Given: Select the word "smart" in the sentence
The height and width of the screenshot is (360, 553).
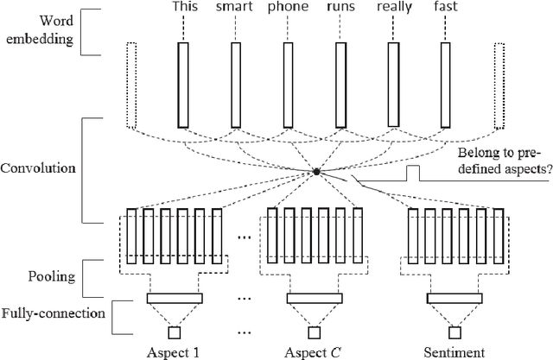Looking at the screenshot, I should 236,9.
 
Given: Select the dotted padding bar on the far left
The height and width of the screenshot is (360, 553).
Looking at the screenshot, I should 130,85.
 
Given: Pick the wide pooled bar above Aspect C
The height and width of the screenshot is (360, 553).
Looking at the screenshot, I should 312,298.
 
